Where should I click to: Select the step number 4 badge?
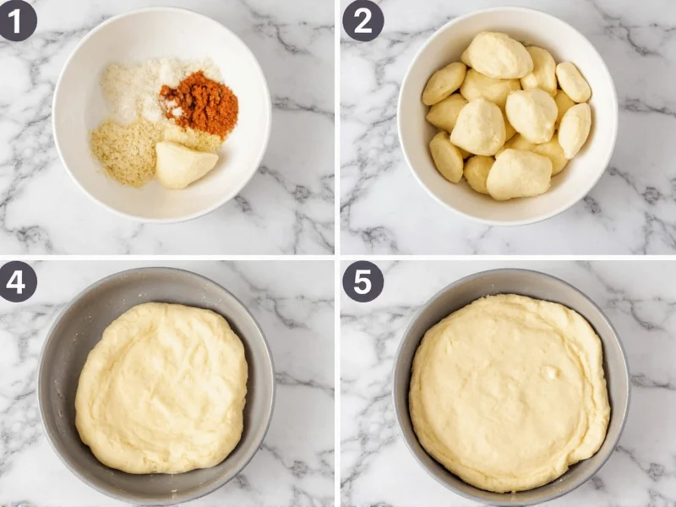[18, 281]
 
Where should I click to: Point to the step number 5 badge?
[363, 281]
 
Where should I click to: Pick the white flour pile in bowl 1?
[135, 89]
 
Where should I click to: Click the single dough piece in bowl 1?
[184, 164]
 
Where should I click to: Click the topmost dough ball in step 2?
[498, 55]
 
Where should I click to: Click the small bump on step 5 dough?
[551, 372]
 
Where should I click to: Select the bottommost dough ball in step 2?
[518, 174]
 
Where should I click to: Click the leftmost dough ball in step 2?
[443, 83]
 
